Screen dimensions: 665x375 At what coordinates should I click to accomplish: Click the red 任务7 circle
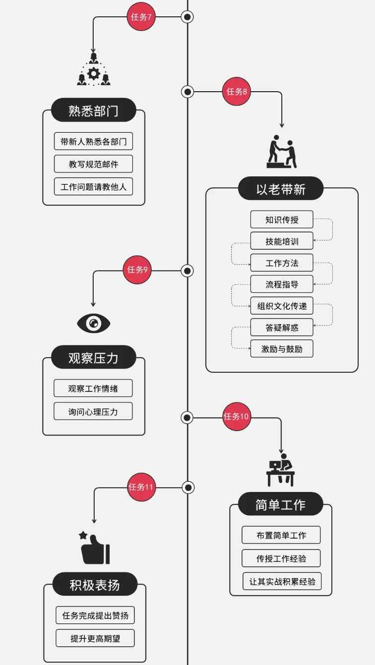point(141,17)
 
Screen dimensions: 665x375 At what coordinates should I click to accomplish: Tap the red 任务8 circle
point(237,91)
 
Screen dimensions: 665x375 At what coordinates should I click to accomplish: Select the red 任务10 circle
point(236,416)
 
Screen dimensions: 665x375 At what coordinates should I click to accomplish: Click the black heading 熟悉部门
point(93,110)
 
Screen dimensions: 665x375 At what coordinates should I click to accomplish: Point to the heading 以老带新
point(281,189)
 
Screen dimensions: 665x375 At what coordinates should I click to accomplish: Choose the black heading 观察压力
point(93,357)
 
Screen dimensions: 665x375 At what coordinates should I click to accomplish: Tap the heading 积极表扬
point(95,585)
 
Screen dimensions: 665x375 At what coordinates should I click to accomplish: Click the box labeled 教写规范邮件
point(93,164)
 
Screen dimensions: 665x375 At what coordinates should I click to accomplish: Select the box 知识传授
point(281,219)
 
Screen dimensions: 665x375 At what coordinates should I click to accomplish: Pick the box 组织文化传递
point(281,305)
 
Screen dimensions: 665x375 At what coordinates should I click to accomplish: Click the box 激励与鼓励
point(281,349)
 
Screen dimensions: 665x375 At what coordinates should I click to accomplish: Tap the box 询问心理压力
point(93,411)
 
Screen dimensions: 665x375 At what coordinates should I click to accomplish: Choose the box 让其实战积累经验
point(282,581)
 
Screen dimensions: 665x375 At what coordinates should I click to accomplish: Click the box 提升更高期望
point(95,639)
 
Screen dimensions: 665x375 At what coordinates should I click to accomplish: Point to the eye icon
point(93,324)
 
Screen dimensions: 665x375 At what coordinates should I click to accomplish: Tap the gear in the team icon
point(93,74)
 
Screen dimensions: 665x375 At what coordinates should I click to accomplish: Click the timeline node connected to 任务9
point(187,271)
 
